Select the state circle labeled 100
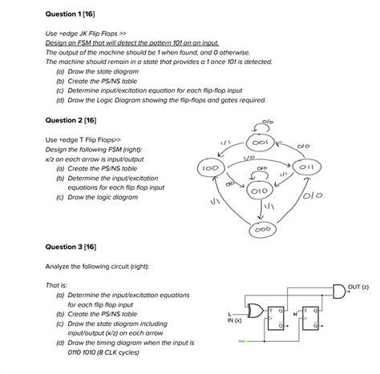[210, 169]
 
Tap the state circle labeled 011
[306, 169]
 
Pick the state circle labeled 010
[257, 193]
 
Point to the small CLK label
[241, 342]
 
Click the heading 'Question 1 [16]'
[71, 14]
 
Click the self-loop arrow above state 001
[261, 125]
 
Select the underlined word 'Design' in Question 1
[57, 42]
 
